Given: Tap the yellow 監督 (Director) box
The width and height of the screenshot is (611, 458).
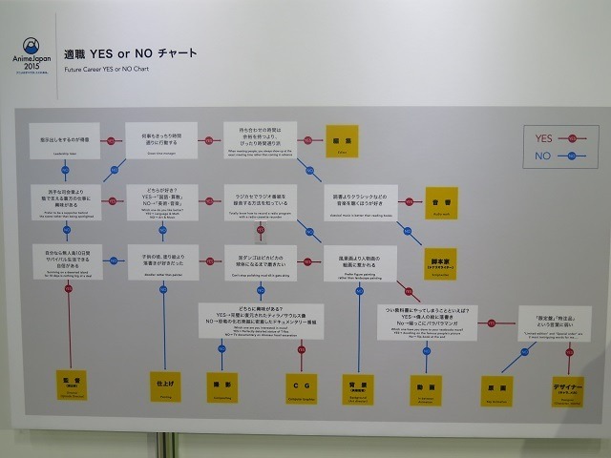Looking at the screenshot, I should coord(71,387).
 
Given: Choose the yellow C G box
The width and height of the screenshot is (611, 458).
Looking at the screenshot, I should coord(298,387).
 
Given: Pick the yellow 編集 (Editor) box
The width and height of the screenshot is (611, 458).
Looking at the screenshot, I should coord(341,140).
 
